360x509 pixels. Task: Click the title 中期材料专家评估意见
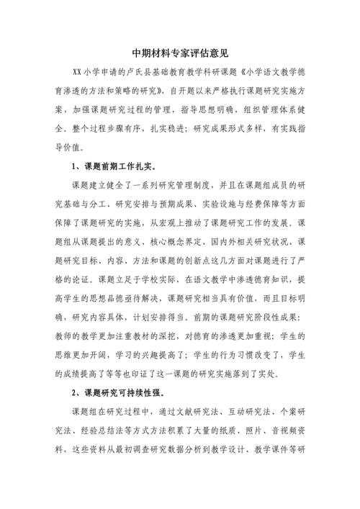coord(180,53)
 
